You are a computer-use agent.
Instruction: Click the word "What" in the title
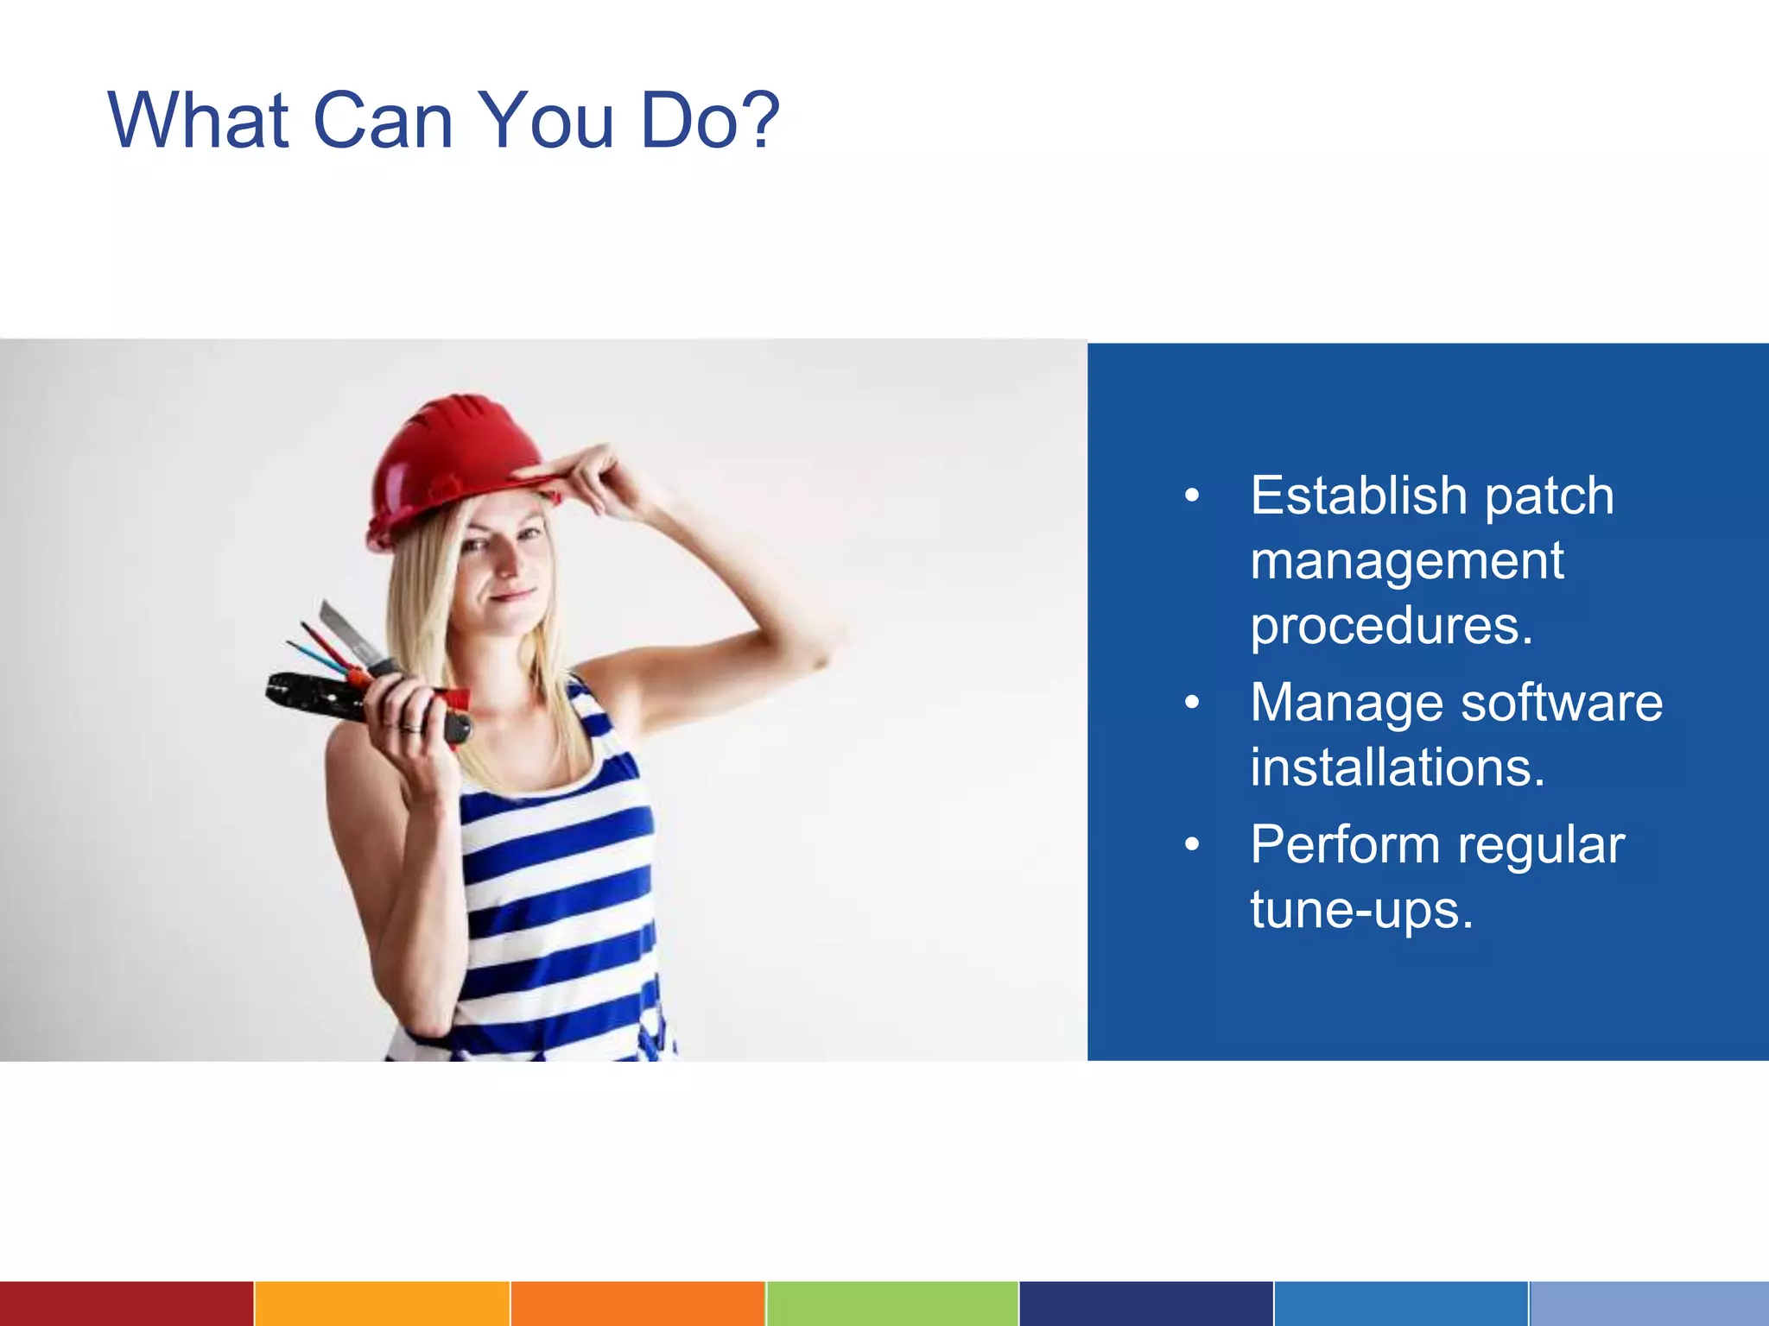click(198, 121)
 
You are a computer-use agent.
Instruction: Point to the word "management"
click(1406, 561)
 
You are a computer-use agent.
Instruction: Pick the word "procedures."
click(1392, 626)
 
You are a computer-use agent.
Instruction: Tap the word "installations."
click(1397, 767)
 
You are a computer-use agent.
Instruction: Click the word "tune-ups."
click(1361, 910)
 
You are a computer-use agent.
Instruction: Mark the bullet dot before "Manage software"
click(1192, 703)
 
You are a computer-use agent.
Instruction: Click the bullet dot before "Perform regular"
click(1192, 844)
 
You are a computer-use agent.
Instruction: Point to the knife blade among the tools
click(346, 630)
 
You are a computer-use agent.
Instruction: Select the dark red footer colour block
click(126, 1304)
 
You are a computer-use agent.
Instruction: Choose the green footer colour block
click(891, 1304)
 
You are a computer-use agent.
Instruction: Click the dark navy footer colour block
click(1145, 1304)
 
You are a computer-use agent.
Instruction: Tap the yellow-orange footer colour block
click(382, 1304)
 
